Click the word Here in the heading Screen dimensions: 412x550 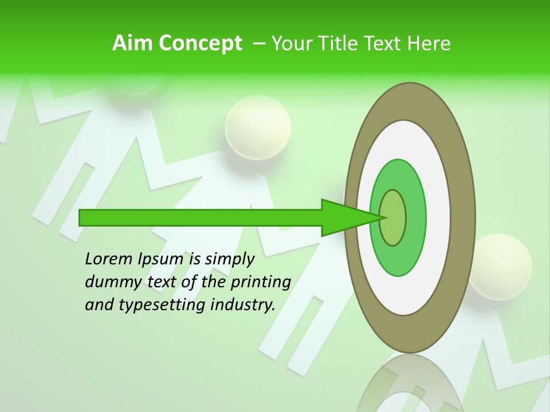click(429, 43)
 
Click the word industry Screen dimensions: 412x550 click(243, 305)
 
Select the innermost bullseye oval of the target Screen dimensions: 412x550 click(393, 217)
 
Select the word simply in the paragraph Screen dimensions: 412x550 click(230, 259)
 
